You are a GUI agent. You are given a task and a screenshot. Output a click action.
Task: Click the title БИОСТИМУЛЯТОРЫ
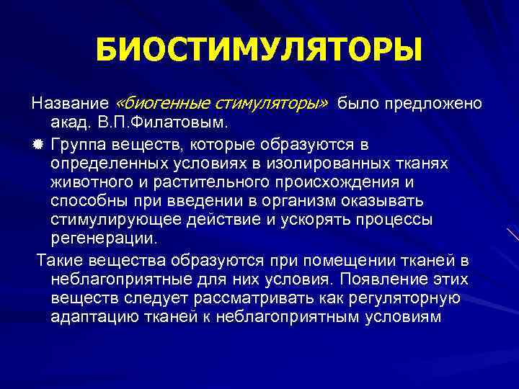pos(258,50)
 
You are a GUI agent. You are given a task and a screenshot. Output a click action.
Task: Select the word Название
pos(67,103)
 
